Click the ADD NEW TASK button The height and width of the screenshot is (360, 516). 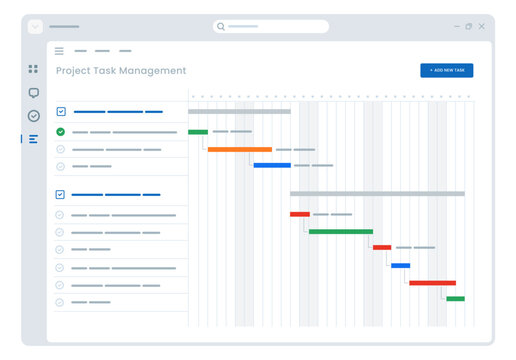pyautogui.click(x=446, y=70)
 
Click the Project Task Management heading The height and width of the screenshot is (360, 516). pyautogui.click(x=121, y=71)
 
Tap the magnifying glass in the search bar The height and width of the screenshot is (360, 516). pyautogui.click(x=221, y=27)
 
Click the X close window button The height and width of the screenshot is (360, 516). pyautogui.click(x=481, y=27)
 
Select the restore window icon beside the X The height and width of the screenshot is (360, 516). pyautogui.click(x=469, y=27)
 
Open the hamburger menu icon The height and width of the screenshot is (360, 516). pyautogui.click(x=59, y=51)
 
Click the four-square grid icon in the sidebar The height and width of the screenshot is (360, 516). pyautogui.click(x=33, y=69)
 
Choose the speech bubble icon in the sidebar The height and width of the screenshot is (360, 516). pyautogui.click(x=33, y=93)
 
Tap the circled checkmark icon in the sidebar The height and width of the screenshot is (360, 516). pyautogui.click(x=33, y=116)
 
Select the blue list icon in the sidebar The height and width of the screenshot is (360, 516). pyautogui.click(x=33, y=139)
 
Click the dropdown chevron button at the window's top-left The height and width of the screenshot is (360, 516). pyautogui.click(x=36, y=27)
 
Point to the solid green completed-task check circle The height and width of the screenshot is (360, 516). pyautogui.click(x=60, y=132)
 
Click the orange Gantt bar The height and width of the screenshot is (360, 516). pyautogui.click(x=240, y=149)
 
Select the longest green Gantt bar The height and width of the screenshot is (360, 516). pyautogui.click(x=341, y=231)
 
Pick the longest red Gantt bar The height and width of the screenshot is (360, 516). pyautogui.click(x=432, y=283)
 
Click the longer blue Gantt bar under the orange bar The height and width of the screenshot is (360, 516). pyautogui.click(x=272, y=165)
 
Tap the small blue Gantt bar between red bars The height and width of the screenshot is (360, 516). pyautogui.click(x=400, y=266)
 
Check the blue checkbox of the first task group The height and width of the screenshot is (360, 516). pyautogui.click(x=61, y=112)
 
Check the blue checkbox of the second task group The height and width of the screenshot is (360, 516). pyautogui.click(x=61, y=194)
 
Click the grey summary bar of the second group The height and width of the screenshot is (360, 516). pyautogui.click(x=377, y=194)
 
